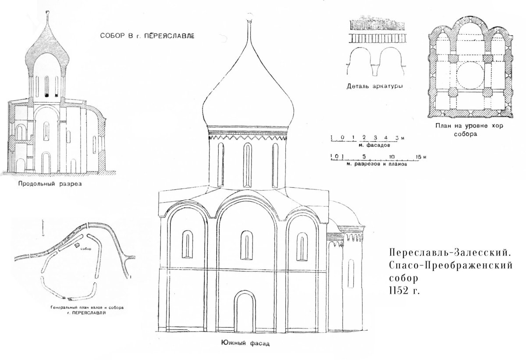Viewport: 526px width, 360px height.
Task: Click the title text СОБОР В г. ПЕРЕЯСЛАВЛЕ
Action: coord(146,36)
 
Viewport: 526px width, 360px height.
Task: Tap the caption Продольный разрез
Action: coord(50,184)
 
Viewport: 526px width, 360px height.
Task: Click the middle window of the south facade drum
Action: coord(248,160)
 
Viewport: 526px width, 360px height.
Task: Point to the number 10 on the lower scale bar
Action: coord(392,157)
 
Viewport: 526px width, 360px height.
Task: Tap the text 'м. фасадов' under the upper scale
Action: coord(363,145)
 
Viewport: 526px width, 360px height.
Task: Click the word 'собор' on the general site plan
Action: coord(86,249)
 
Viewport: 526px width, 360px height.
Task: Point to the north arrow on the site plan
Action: coord(43,228)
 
